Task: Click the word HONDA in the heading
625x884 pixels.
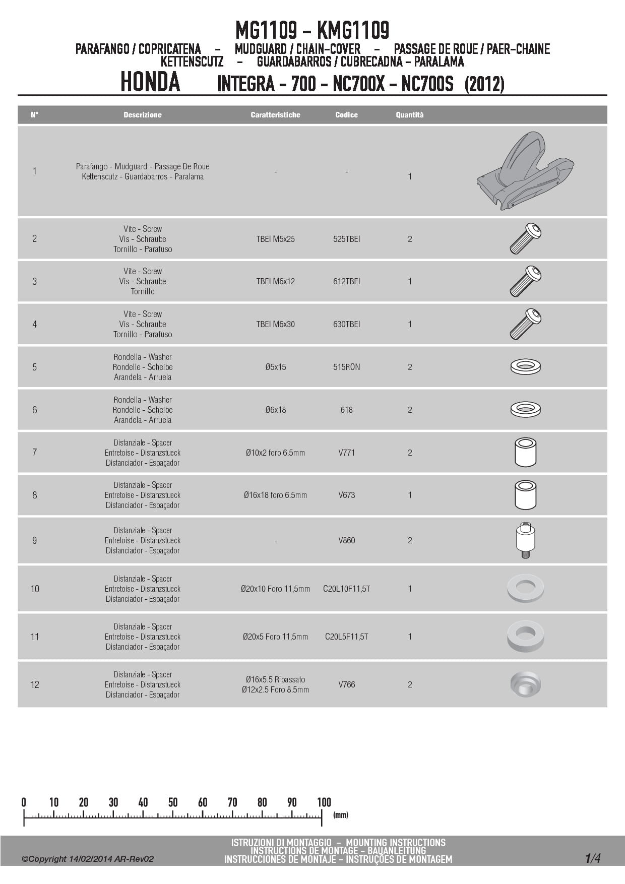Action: coord(150,82)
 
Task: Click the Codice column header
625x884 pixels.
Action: coord(346,115)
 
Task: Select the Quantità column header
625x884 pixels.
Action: coord(409,115)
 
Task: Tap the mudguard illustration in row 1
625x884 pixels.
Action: coord(525,171)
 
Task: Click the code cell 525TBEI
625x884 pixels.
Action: coord(346,239)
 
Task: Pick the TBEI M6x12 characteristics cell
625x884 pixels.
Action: coord(275,281)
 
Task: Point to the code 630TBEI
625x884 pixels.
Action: coord(346,324)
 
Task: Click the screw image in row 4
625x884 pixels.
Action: coord(525,324)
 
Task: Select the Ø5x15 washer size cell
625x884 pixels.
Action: coord(275,367)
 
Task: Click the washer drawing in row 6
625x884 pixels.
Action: coord(525,409)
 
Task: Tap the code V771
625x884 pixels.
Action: coord(346,453)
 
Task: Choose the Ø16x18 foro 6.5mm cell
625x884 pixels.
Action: coord(275,495)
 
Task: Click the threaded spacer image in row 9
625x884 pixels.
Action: coord(525,540)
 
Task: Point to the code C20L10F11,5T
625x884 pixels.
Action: coord(346,589)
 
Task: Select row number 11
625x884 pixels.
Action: coord(34,637)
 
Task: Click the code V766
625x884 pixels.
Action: coord(346,684)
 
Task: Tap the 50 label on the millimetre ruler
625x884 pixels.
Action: coord(173,802)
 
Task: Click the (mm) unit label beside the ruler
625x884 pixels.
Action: coord(341,814)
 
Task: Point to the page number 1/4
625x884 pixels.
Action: coord(593,858)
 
